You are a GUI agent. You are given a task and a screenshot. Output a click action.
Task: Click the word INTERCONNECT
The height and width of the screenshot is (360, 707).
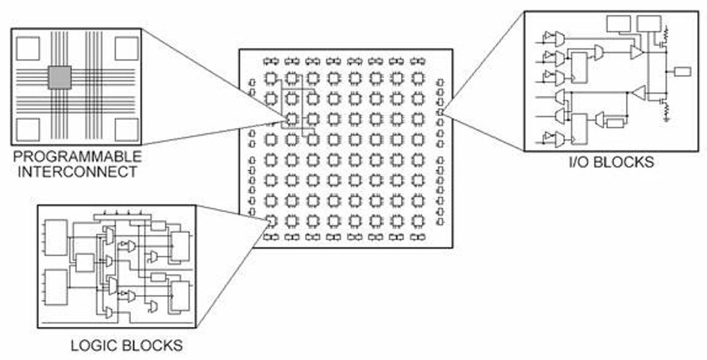click(70, 173)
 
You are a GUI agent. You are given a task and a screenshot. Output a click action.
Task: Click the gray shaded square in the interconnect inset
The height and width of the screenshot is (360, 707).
click(60, 77)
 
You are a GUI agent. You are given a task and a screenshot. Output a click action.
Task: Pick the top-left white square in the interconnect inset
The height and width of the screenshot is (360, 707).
click(28, 48)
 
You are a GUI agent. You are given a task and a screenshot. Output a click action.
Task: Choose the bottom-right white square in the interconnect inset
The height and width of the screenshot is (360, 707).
click(126, 129)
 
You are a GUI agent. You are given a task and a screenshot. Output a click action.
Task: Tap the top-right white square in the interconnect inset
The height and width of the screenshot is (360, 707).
click(127, 48)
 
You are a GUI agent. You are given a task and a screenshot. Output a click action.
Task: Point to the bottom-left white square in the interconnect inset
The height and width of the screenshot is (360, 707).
click(28, 129)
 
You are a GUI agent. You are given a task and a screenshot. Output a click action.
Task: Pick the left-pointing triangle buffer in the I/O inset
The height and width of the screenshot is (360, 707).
click(638, 91)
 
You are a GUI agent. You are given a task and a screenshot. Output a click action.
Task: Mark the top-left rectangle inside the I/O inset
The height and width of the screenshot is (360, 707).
click(618, 23)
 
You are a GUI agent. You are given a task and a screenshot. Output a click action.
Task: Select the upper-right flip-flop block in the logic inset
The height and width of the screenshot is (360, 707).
click(180, 245)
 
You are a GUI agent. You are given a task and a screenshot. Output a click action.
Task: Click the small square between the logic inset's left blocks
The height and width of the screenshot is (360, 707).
click(86, 263)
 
